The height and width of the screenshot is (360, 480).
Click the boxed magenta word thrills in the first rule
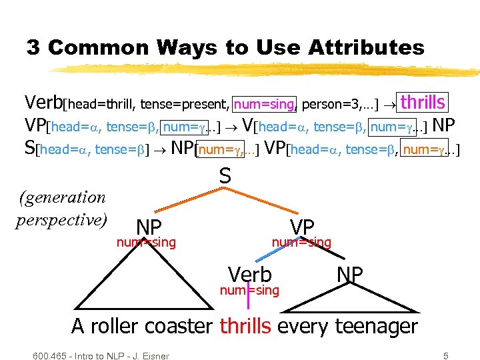point(423,103)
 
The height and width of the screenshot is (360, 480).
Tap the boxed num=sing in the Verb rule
point(265,104)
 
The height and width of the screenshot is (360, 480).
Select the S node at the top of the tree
point(225,176)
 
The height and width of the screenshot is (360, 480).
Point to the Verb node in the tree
point(249,274)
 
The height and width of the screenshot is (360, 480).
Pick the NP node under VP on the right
point(349,274)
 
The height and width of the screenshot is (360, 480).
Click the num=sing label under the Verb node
point(249,289)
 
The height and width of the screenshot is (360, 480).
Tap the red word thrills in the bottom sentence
point(245,326)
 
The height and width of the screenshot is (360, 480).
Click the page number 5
point(445,355)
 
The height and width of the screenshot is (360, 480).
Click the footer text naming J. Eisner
point(101,355)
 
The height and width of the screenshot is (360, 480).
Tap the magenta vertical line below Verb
point(248,298)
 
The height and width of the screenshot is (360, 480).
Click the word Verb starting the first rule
point(43,103)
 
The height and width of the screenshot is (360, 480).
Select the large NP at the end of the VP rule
point(443,125)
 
